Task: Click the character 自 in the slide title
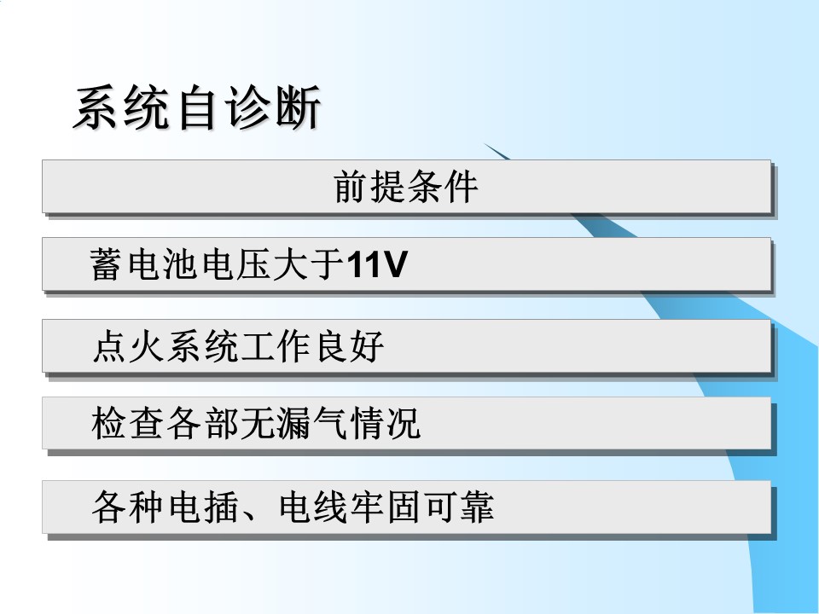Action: pyautogui.click(x=197, y=107)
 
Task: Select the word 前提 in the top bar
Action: pyautogui.click(x=369, y=187)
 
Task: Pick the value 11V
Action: pyautogui.click(x=376, y=264)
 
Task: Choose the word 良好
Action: pyautogui.click(x=351, y=346)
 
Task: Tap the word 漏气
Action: pyautogui.click(x=312, y=423)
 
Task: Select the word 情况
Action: pyautogui.click(x=386, y=423)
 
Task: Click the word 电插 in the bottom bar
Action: pyautogui.click(x=203, y=507)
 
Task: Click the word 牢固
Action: pyautogui.click(x=386, y=507)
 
